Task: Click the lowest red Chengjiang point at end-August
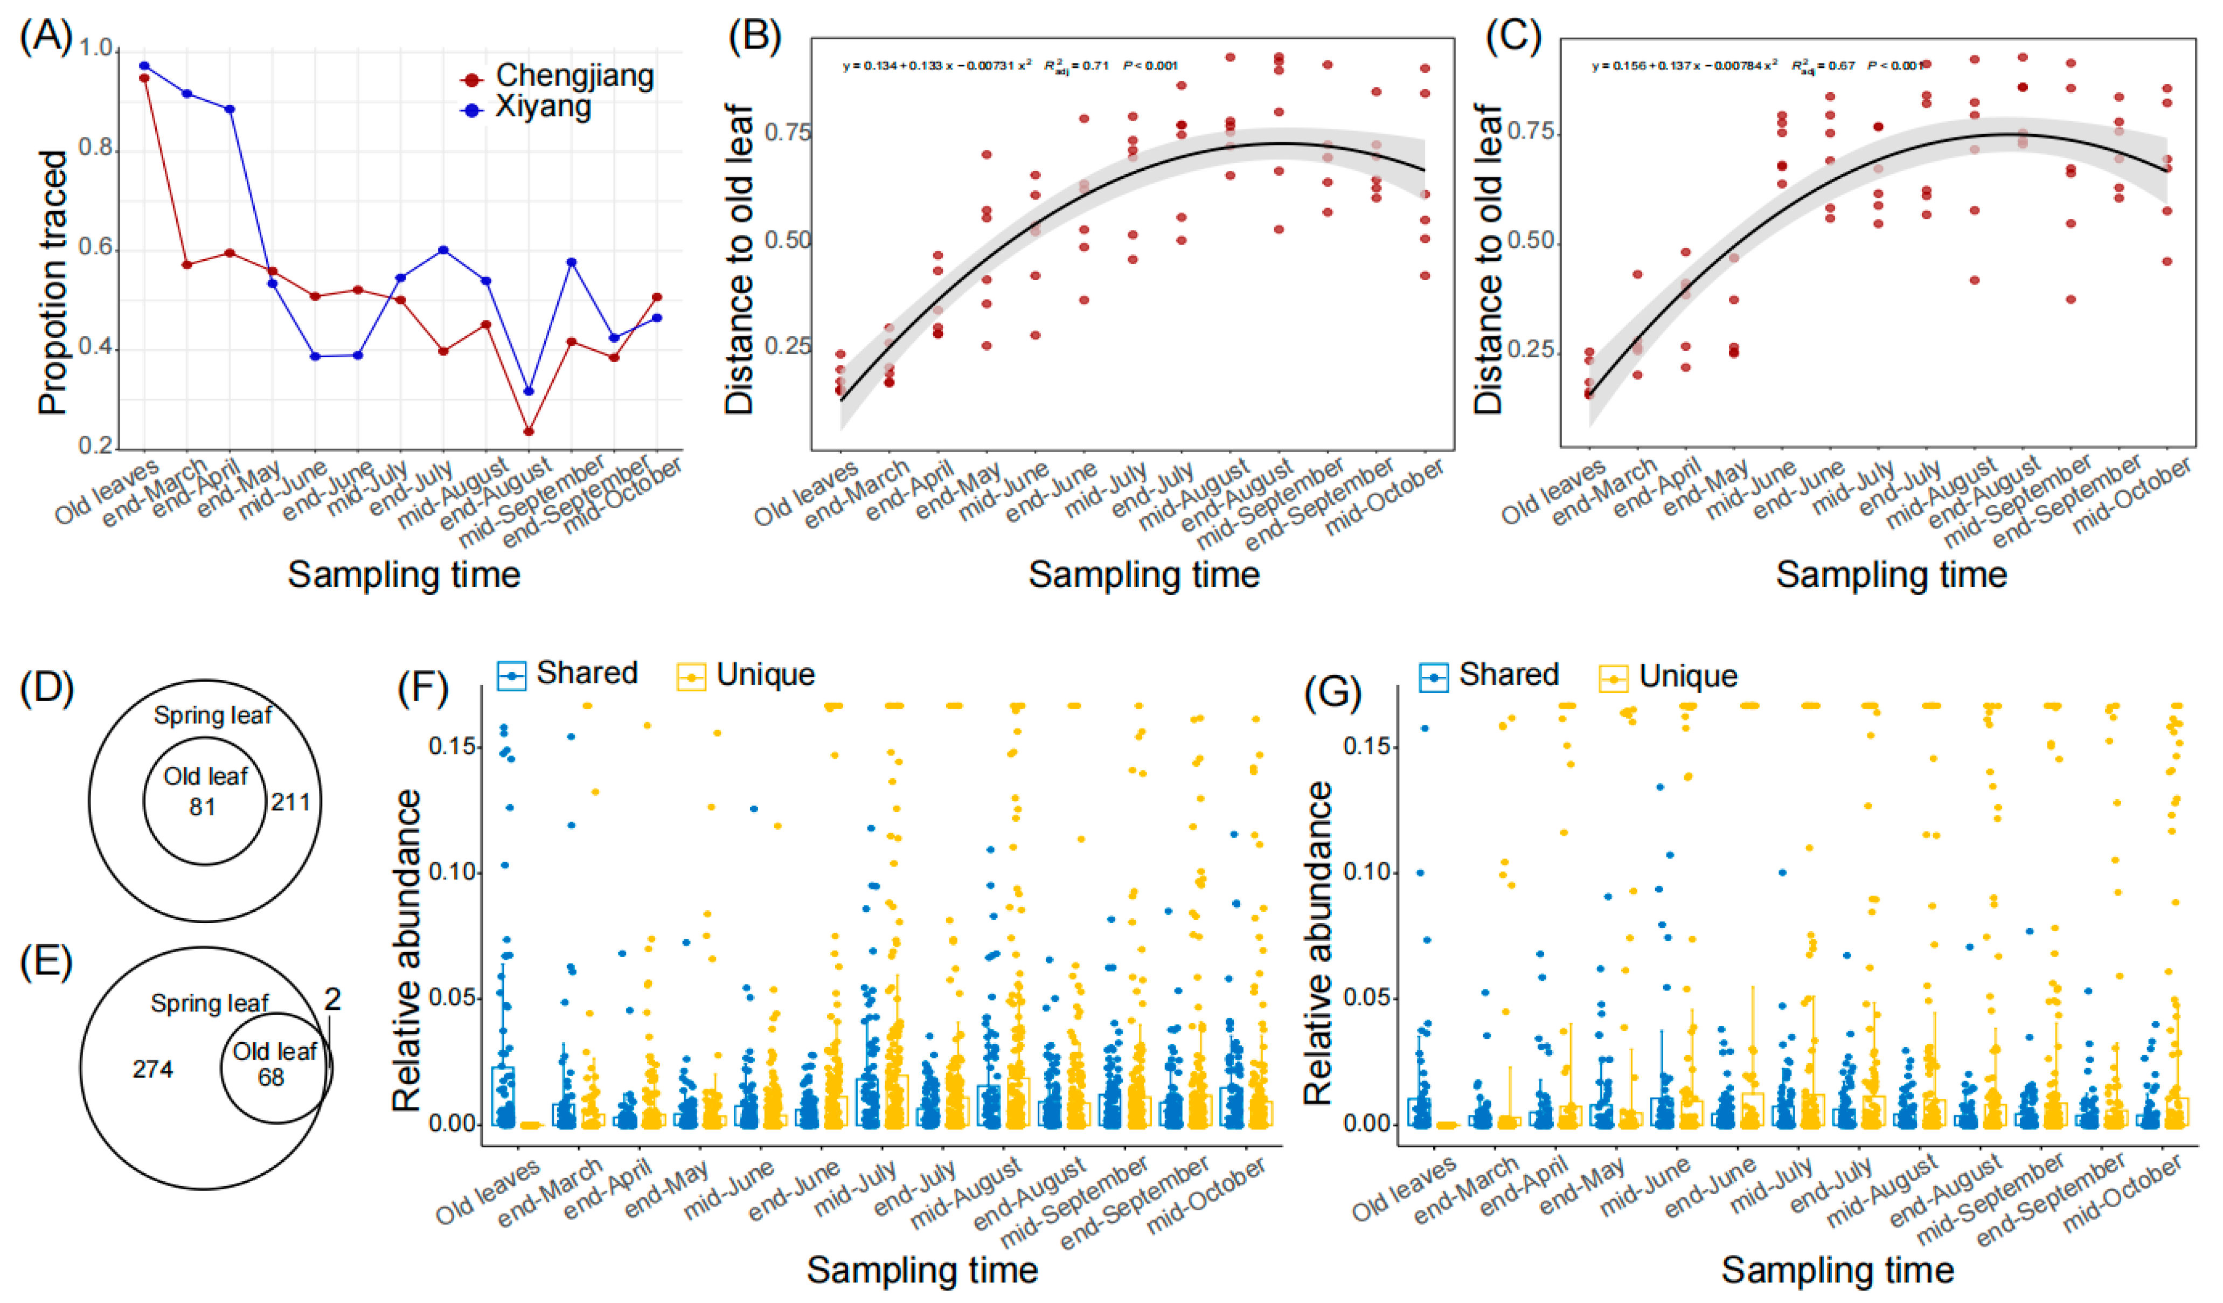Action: [x=529, y=432]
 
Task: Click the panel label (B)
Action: [x=754, y=38]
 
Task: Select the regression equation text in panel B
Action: [x=937, y=65]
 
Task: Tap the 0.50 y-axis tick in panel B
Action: [x=787, y=240]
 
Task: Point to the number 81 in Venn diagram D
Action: [x=203, y=806]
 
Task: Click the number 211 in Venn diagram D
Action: [x=290, y=802]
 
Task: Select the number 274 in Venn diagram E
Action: [x=152, y=1069]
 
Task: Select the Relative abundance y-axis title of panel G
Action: [x=1318, y=944]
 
